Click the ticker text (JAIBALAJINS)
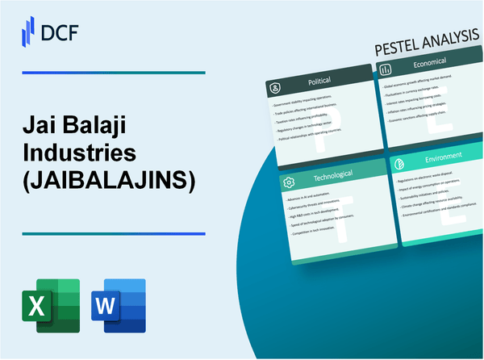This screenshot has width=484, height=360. coord(110,182)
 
